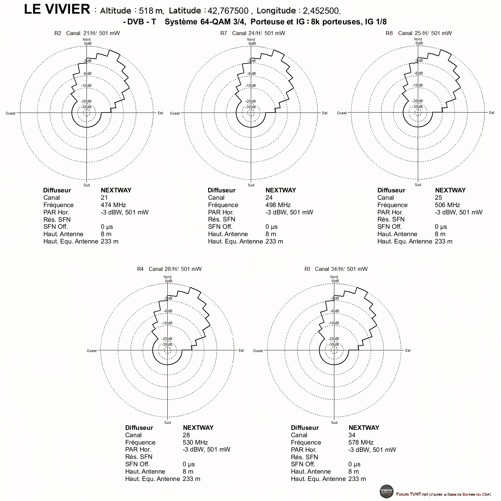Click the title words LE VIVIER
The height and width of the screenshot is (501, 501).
coord(57,9)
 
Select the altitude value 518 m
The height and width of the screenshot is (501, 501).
coord(151,11)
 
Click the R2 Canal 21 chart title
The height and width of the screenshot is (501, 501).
coord(87,33)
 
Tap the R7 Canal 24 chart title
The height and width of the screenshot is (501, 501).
coord(253,33)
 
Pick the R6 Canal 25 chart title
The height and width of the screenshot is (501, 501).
coord(419,33)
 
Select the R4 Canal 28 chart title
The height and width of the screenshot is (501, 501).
coord(169,269)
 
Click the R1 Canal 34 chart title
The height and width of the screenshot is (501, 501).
coord(336,269)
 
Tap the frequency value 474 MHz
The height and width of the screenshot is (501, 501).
coord(113,205)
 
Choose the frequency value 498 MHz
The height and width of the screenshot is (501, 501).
coord(278,205)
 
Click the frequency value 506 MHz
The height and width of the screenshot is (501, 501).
coord(447,205)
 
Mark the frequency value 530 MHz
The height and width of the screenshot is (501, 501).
coord(195,442)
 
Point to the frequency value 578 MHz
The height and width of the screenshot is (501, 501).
coord(361,442)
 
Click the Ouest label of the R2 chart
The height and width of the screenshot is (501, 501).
coord(11,113)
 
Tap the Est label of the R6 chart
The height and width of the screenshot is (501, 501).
coord(492,113)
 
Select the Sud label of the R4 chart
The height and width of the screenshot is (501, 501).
coord(167,423)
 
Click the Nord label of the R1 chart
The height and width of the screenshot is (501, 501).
coord(334,277)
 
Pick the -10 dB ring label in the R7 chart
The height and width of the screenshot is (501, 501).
coord(251,86)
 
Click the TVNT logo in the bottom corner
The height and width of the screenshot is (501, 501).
coord(386,491)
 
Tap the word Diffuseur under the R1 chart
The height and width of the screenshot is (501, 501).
coord(305,428)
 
